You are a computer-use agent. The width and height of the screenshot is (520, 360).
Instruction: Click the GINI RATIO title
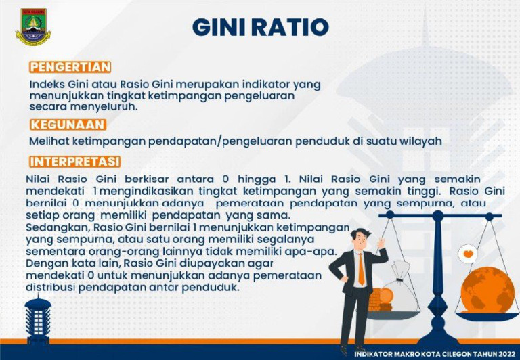[x=261, y=27]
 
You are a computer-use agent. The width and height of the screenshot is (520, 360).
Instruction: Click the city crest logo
[x=32, y=28]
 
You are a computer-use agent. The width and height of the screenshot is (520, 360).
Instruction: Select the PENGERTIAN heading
[x=70, y=67]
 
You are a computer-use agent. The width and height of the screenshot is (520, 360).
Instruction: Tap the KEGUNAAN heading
[x=68, y=125]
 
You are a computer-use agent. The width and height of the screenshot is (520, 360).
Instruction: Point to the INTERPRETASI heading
[x=75, y=162]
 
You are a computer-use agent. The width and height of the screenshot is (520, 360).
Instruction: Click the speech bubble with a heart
[x=467, y=254]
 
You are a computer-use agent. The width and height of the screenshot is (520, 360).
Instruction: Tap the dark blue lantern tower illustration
[x=38, y=321]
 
